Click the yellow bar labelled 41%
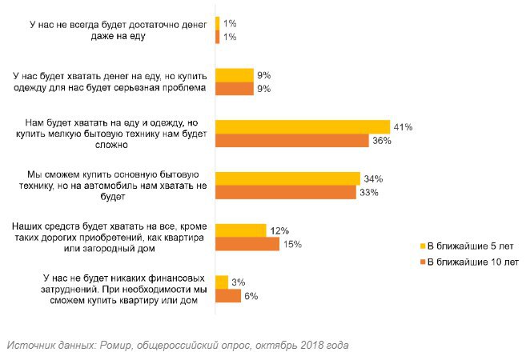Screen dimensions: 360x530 pyautogui.click(x=303, y=126)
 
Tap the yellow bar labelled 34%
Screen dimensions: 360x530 pyautogui.click(x=288, y=178)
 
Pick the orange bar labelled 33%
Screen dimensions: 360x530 pyautogui.click(x=286, y=192)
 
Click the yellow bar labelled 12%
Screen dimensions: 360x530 pyautogui.click(x=241, y=230)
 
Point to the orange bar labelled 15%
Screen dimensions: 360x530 pyautogui.click(x=247, y=244)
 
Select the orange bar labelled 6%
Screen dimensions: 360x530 pyautogui.click(x=228, y=296)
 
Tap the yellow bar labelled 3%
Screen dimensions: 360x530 pyautogui.click(x=222, y=282)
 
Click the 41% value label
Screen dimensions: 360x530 pyautogui.click(x=404, y=126)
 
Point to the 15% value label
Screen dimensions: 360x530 pyautogui.click(x=292, y=244)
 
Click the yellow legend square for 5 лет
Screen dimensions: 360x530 pyautogui.click(x=423, y=246)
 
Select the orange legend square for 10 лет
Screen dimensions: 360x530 pyautogui.click(x=423, y=261)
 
